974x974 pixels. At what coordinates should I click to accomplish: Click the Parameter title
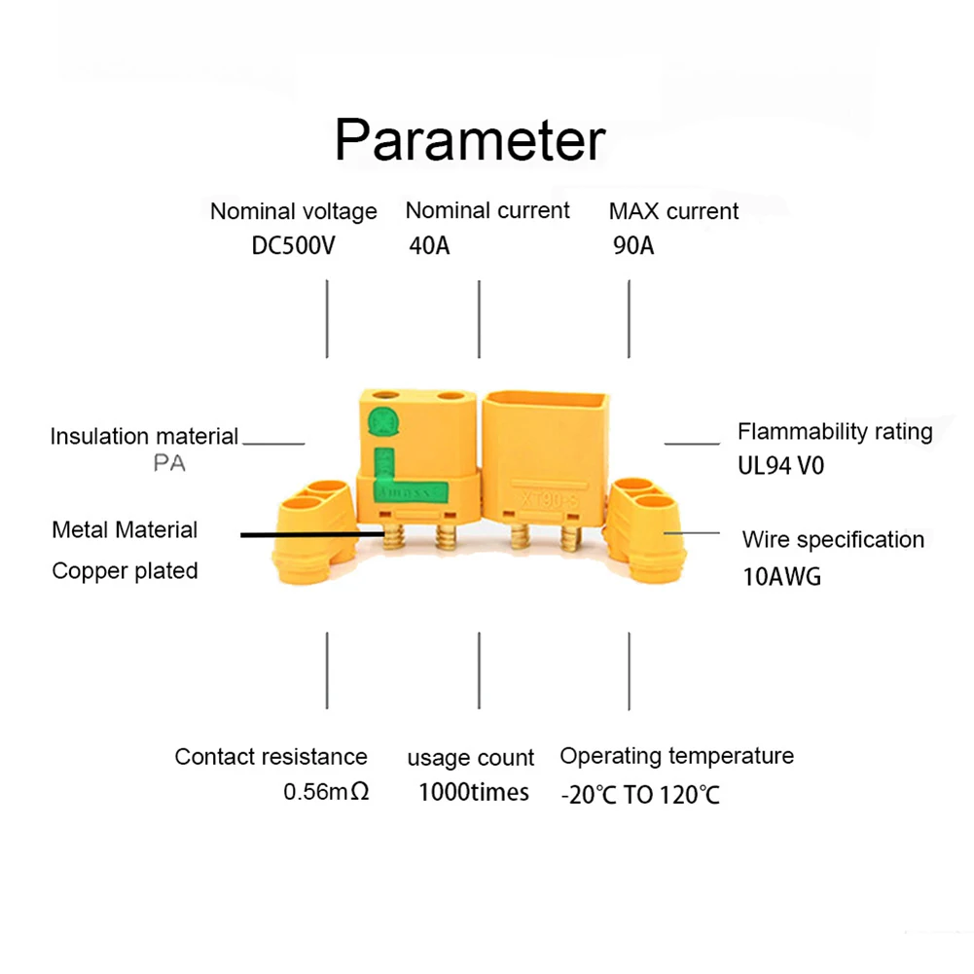pos(470,142)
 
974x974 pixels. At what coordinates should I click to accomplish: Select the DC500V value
pos(293,245)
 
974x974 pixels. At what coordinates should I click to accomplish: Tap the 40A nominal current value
pos(429,245)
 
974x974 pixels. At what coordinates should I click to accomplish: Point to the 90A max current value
pos(633,245)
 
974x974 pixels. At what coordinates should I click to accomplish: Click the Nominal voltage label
pos(293,211)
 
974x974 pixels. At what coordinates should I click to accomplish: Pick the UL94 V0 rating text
pos(780,466)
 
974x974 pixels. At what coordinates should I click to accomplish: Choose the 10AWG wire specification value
pos(781,576)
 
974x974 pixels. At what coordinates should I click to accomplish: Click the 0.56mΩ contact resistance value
pos(326,792)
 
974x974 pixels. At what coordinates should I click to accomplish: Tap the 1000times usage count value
pos(474,792)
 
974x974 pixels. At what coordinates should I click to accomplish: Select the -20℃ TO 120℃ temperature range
pos(640,795)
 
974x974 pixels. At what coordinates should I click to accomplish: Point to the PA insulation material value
pos(169,464)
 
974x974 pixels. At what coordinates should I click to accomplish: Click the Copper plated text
pos(125,571)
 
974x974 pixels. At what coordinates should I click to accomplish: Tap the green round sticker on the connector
pos(381,422)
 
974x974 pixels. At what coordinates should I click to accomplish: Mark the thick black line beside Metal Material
pos(309,534)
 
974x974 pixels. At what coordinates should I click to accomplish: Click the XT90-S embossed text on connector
pos(550,498)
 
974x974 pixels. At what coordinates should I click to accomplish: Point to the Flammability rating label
pos(835,431)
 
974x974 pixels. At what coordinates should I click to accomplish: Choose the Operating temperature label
pos(676,756)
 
